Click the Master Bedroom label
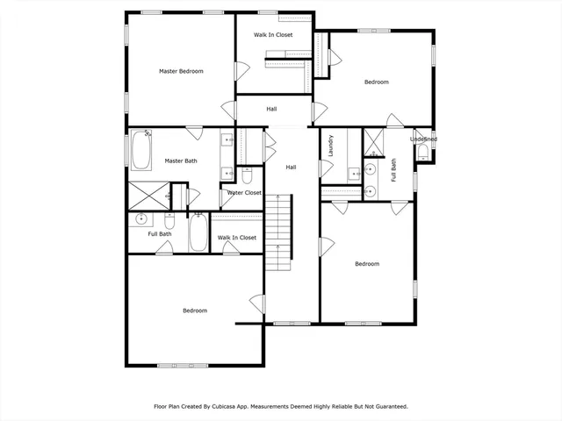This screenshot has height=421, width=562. coord(181,71)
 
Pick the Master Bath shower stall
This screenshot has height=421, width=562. coord(148,196)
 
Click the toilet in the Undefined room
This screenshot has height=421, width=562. coord(423,153)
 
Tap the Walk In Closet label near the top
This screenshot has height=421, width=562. coord(273,35)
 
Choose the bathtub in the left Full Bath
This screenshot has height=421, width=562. coord(198,232)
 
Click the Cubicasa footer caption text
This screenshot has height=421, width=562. coord(281,406)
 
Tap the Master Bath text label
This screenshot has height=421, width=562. coord(180,161)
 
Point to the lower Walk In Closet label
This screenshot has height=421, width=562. coord(237,238)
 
